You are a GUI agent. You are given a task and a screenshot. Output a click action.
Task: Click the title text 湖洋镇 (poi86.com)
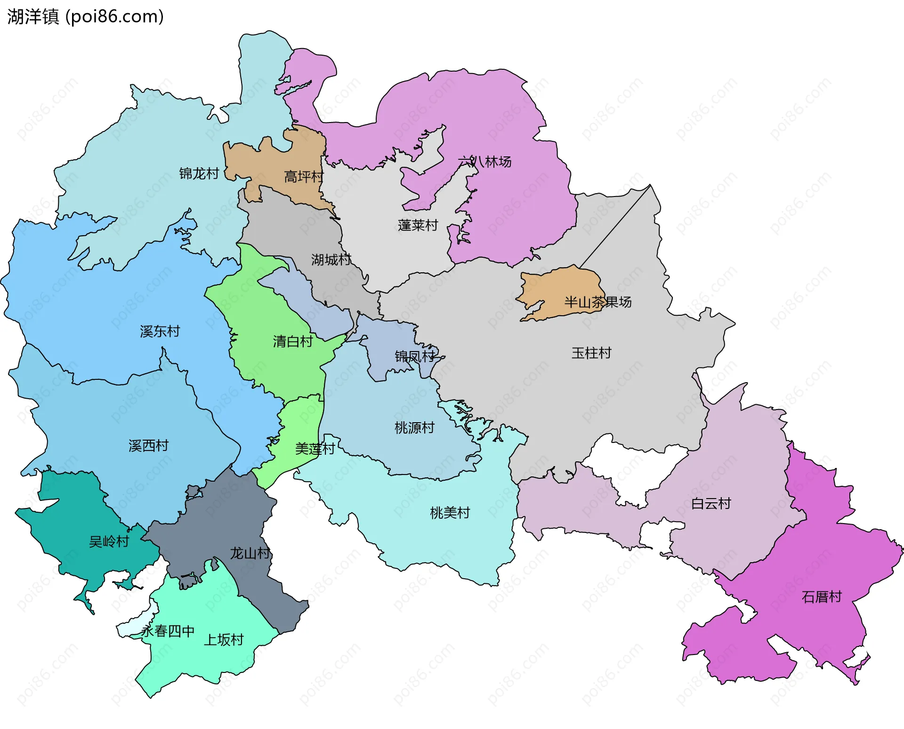pos(85,16)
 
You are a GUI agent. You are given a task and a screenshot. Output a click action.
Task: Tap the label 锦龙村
pos(199,173)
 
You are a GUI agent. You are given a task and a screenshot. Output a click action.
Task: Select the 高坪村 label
pos(304,177)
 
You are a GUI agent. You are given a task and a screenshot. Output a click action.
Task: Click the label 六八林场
pos(484,162)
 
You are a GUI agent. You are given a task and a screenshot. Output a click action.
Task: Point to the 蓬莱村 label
pos(418,225)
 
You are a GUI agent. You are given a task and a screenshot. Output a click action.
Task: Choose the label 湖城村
pos(331,260)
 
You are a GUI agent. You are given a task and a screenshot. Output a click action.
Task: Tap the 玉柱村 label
pos(591,353)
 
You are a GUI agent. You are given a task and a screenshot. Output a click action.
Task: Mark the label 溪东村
pos(160,331)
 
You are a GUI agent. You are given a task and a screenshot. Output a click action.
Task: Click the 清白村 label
pos(293,341)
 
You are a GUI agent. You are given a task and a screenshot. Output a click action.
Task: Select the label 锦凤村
pos(415,356)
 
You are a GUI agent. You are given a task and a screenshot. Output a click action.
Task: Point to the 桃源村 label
pos(414,428)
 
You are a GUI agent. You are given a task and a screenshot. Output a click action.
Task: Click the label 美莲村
pos(315,449)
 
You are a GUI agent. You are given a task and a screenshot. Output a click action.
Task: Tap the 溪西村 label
pos(148,446)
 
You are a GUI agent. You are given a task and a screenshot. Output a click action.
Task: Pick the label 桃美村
pos(450,513)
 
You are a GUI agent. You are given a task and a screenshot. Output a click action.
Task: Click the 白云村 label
pos(711,504)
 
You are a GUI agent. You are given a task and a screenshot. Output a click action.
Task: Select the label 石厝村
pos(822,597)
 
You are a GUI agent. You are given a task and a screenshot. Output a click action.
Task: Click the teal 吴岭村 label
pos(109,541)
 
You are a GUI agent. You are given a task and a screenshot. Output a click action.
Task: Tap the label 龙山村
pos(250,553)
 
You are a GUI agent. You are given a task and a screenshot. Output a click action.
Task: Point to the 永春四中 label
pos(168,631)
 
